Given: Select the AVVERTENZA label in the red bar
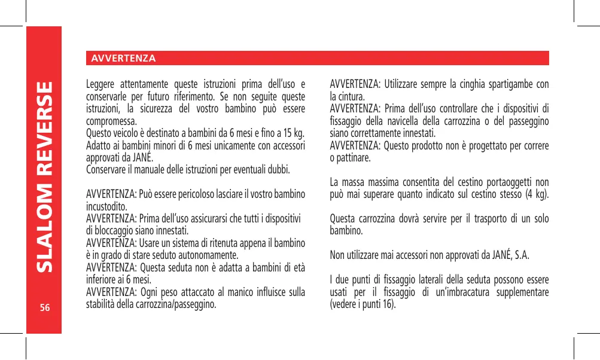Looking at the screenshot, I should pos(122,58).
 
